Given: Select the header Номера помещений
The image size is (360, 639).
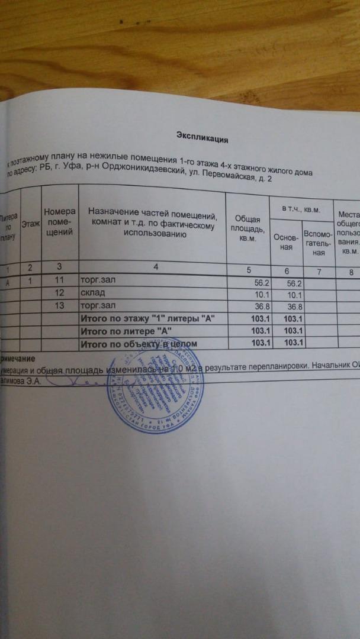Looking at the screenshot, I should pyautogui.click(x=60, y=222).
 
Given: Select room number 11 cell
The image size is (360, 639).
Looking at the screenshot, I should pyautogui.click(x=59, y=279).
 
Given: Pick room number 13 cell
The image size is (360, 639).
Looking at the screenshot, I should pyautogui.click(x=59, y=306).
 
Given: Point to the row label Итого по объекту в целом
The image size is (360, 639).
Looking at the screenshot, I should pyautogui.click(x=139, y=343).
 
